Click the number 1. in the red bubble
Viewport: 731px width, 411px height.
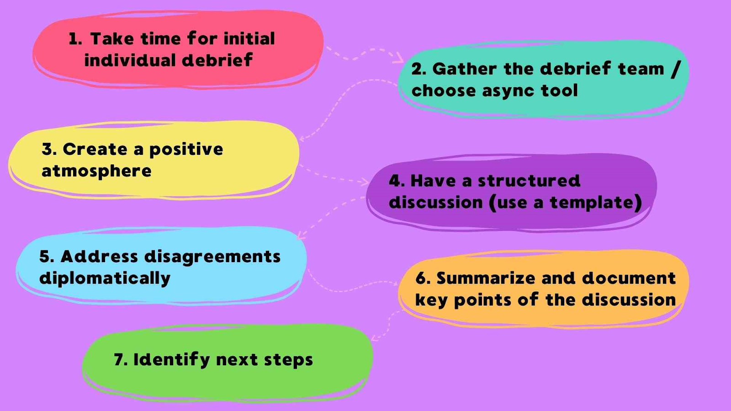coord(75,39)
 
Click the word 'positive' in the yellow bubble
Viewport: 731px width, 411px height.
coord(186,150)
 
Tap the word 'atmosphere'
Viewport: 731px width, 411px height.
coord(96,171)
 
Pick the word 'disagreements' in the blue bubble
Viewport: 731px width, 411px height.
coord(212,257)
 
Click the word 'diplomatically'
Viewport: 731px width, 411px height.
coord(105,279)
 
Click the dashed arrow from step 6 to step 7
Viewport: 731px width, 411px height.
coord(386,325)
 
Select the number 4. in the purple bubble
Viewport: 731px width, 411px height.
coord(396,181)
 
